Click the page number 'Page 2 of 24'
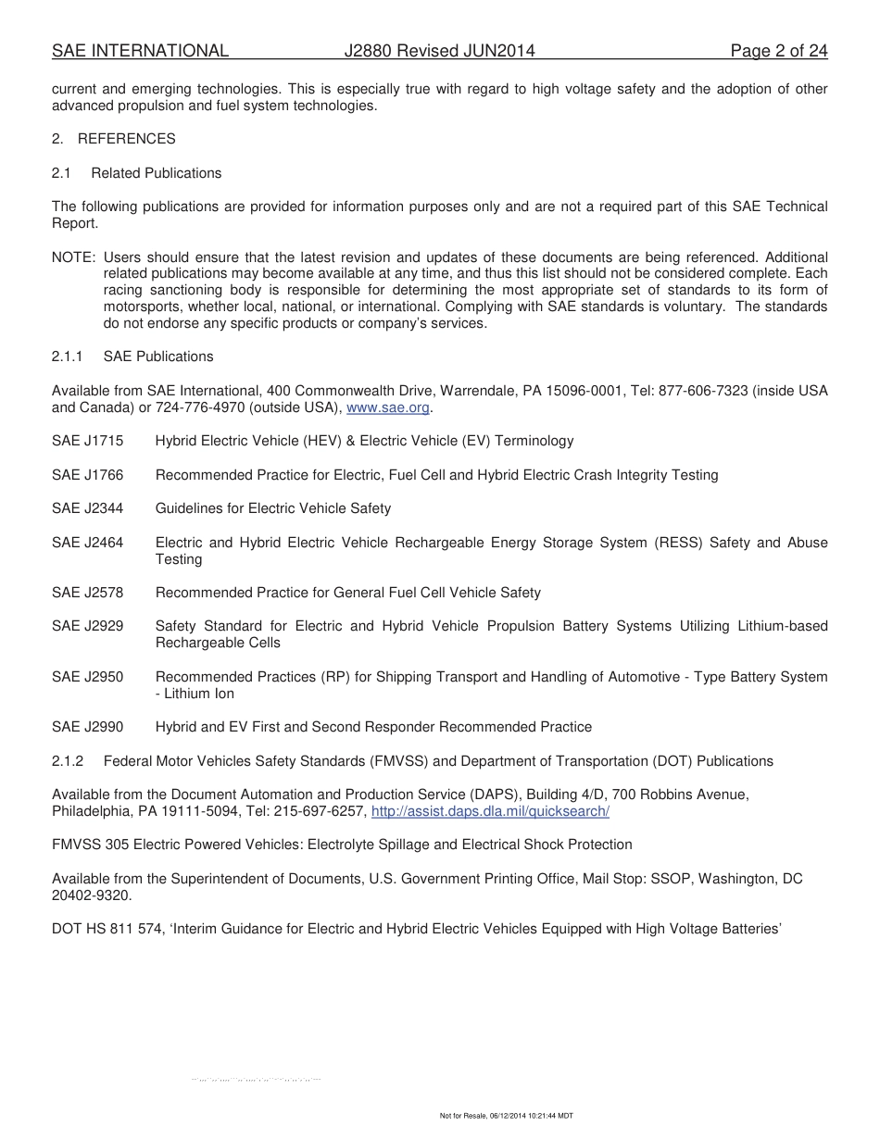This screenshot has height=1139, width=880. pyautogui.click(x=778, y=52)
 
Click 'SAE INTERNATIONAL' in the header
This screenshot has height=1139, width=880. pyautogui.click(x=140, y=52)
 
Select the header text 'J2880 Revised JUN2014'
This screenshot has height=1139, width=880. pyautogui.click(x=439, y=52)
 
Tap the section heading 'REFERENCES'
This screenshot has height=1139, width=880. pyautogui.click(x=126, y=139)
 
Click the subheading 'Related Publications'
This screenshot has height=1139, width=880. pyautogui.click(x=156, y=173)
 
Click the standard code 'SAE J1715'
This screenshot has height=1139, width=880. pyautogui.click(x=87, y=442)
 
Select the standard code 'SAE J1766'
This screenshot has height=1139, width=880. pyautogui.click(x=87, y=475)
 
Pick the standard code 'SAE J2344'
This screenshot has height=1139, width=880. pyautogui.click(x=87, y=508)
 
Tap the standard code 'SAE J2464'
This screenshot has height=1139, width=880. pyautogui.click(x=87, y=543)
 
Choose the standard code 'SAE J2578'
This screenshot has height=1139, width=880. pyautogui.click(x=87, y=593)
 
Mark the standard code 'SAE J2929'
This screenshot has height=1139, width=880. pyautogui.click(x=87, y=627)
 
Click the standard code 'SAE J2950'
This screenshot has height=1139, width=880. pyautogui.click(x=87, y=677)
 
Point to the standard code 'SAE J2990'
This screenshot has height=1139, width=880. pyautogui.click(x=87, y=728)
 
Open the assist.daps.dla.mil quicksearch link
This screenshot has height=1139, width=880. pyautogui.click(x=489, y=811)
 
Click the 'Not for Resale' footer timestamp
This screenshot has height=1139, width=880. pyautogui.click(x=506, y=1116)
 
